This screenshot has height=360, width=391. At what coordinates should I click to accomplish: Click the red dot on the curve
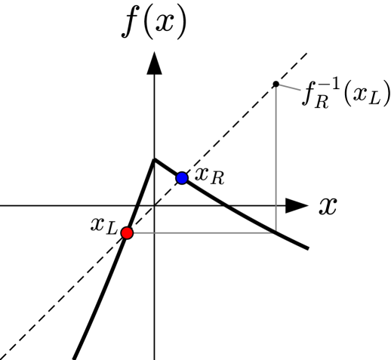(127, 233)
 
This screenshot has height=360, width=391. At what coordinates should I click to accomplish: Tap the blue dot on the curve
(182, 178)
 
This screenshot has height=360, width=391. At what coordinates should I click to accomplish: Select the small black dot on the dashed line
(276, 84)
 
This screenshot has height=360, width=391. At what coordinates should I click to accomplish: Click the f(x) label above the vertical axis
(155, 23)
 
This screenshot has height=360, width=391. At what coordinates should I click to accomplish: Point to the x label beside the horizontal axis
(327, 205)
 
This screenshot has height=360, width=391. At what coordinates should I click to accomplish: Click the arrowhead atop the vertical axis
(155, 63)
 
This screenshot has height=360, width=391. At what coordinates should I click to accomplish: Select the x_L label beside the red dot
(103, 225)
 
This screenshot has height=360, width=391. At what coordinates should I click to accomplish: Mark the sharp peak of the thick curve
(155, 159)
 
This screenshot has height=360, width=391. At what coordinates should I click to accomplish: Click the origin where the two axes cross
(155, 205)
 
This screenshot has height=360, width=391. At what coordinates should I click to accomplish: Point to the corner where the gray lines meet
(276, 233)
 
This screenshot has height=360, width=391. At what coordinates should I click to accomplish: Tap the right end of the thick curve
(308, 248)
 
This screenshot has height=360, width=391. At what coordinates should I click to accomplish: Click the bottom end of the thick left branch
(74, 357)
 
